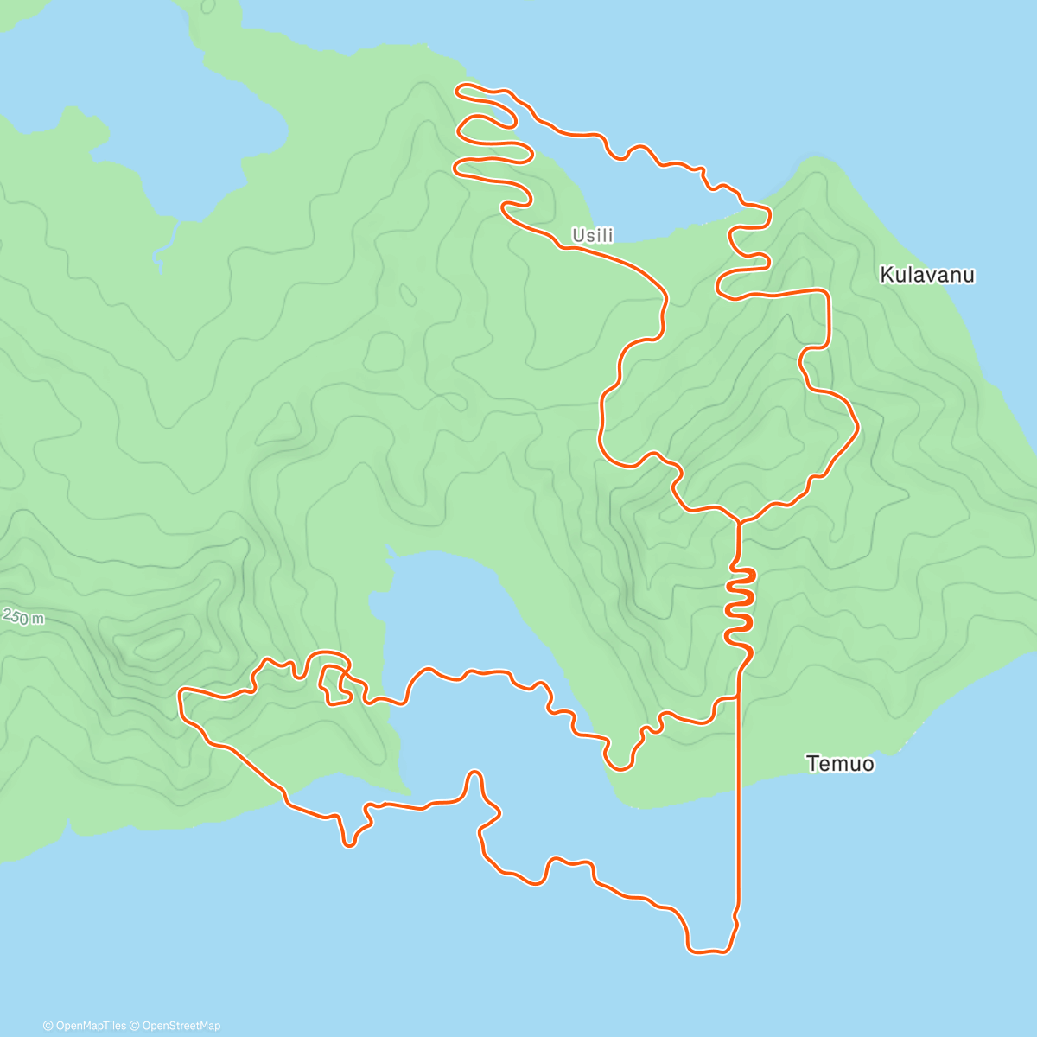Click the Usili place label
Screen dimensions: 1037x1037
(x=592, y=235)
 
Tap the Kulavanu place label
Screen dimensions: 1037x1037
(x=926, y=275)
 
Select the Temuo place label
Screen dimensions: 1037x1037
(x=839, y=764)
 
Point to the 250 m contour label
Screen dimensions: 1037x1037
(x=23, y=617)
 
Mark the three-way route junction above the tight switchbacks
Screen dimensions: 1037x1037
(x=738, y=521)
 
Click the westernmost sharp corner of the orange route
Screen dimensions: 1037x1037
(x=181, y=691)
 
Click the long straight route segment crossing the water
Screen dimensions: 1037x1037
(x=738, y=804)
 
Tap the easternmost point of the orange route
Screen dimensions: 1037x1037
(x=857, y=426)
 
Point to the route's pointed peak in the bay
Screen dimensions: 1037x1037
(x=474, y=772)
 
